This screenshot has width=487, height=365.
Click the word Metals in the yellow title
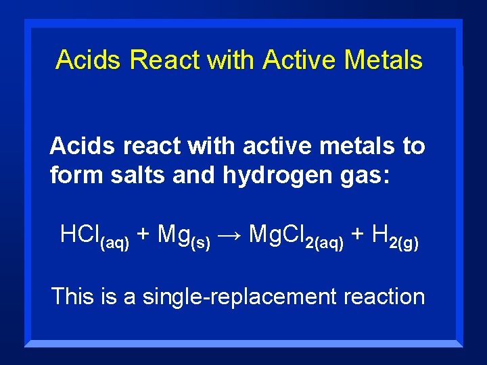[x=383, y=59]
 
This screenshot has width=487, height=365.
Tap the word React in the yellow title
[x=165, y=59]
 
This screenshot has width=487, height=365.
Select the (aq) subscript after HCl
[x=114, y=243]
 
